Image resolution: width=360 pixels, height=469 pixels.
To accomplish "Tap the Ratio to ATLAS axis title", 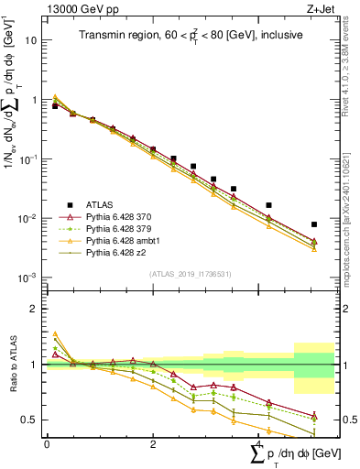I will coord(13,364).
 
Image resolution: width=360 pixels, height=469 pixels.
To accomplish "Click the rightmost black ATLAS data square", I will coord(314,224).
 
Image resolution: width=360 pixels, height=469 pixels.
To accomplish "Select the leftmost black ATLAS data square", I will coord(55,106).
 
